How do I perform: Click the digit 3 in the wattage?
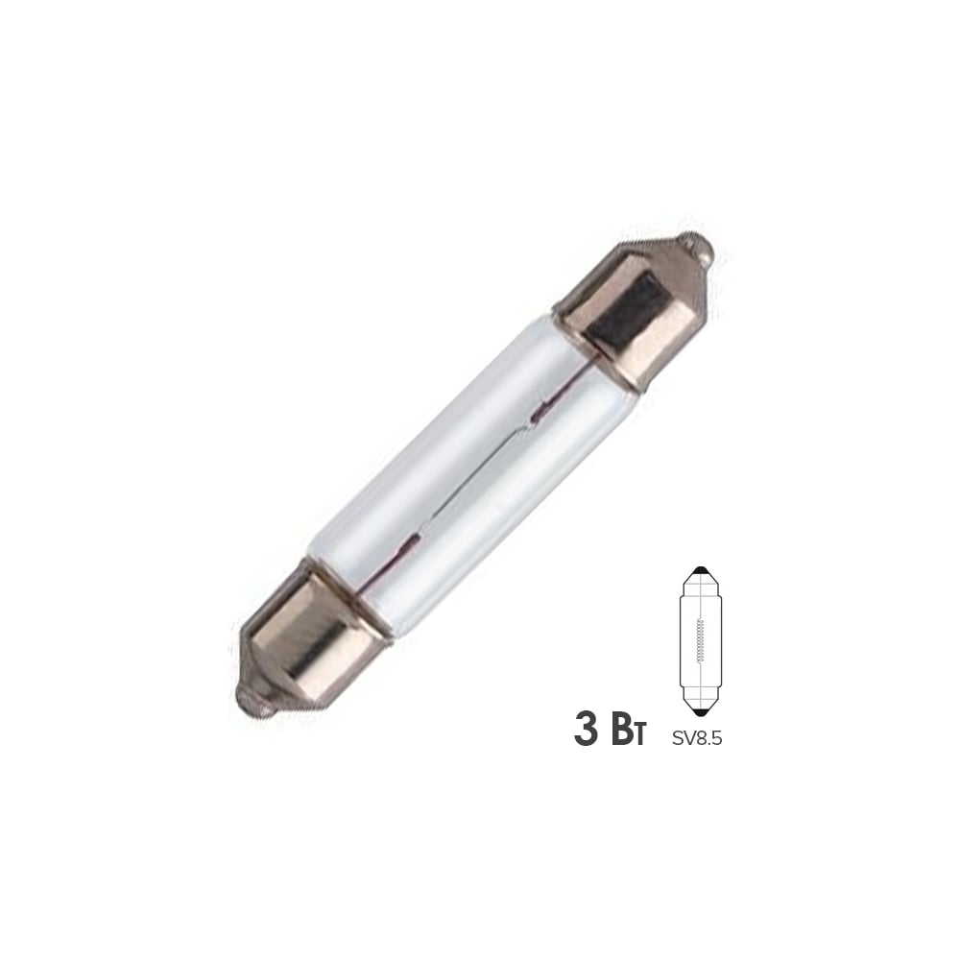point(587,728)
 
